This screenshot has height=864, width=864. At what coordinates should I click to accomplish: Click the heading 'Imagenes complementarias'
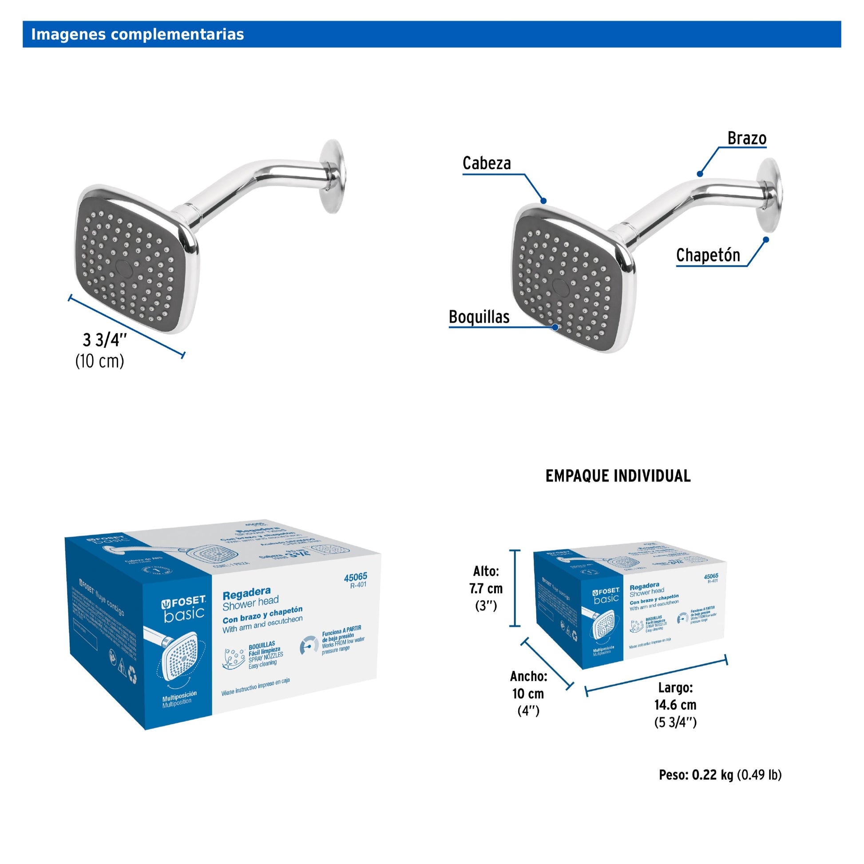click(x=137, y=35)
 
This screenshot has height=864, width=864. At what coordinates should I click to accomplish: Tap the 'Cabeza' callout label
click(x=487, y=163)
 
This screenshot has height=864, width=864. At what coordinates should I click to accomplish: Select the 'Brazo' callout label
click(x=747, y=138)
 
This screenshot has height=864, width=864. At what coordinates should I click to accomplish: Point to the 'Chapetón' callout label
click(x=708, y=255)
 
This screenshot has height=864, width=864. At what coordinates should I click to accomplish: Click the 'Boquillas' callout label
click(x=479, y=317)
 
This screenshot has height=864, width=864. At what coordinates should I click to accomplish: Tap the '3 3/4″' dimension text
click(x=105, y=341)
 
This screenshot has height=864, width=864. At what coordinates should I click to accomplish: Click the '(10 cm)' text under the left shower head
click(x=99, y=361)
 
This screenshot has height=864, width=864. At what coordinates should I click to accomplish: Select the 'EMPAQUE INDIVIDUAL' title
click(x=618, y=476)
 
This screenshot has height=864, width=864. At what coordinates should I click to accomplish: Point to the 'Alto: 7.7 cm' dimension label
click(x=486, y=588)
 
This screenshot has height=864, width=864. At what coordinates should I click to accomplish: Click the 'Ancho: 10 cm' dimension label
click(x=528, y=693)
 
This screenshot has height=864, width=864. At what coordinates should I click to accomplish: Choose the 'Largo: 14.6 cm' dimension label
click(x=675, y=704)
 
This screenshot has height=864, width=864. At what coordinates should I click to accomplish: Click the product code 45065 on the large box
click(x=356, y=577)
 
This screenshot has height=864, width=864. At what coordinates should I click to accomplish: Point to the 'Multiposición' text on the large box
click(x=179, y=694)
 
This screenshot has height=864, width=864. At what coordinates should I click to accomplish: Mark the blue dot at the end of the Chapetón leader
click(x=765, y=240)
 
